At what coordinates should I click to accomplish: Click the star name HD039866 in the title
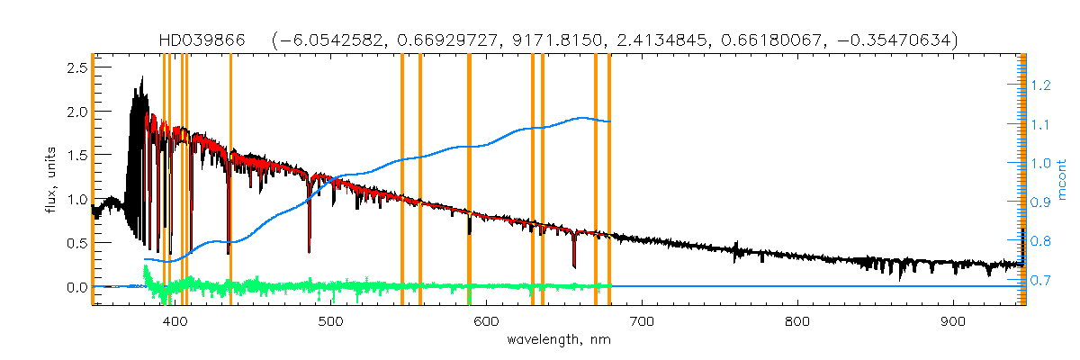pos(192,40)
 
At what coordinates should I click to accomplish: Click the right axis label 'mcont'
pos(1062,180)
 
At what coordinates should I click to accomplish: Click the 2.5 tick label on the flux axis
pos(76,67)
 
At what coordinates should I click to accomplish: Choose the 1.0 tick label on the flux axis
pos(76,199)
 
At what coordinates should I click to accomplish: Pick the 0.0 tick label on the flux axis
pos(76,287)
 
